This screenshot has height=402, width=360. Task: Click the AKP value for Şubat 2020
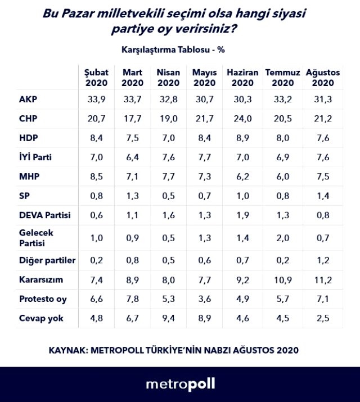click(x=96, y=100)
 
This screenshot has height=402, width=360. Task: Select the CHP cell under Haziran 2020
click(x=242, y=119)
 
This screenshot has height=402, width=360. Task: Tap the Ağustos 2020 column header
click(x=323, y=78)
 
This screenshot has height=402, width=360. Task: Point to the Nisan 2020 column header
click(x=169, y=78)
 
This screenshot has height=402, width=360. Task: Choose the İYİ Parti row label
click(x=35, y=157)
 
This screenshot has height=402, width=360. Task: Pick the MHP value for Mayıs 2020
click(x=204, y=177)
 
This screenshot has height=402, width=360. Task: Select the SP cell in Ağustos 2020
click(x=322, y=196)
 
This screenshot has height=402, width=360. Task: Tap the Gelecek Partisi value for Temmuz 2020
click(x=280, y=238)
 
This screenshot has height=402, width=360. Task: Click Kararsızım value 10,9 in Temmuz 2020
click(x=279, y=279)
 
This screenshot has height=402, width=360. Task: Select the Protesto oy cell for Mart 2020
click(x=132, y=299)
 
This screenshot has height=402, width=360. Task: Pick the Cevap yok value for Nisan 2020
click(x=168, y=318)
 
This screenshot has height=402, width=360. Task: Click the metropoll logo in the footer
click(x=180, y=385)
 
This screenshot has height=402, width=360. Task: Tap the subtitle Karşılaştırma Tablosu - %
click(x=173, y=49)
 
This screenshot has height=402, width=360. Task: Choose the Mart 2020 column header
click(x=132, y=78)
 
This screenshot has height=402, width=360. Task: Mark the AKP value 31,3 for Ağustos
click(x=322, y=100)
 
